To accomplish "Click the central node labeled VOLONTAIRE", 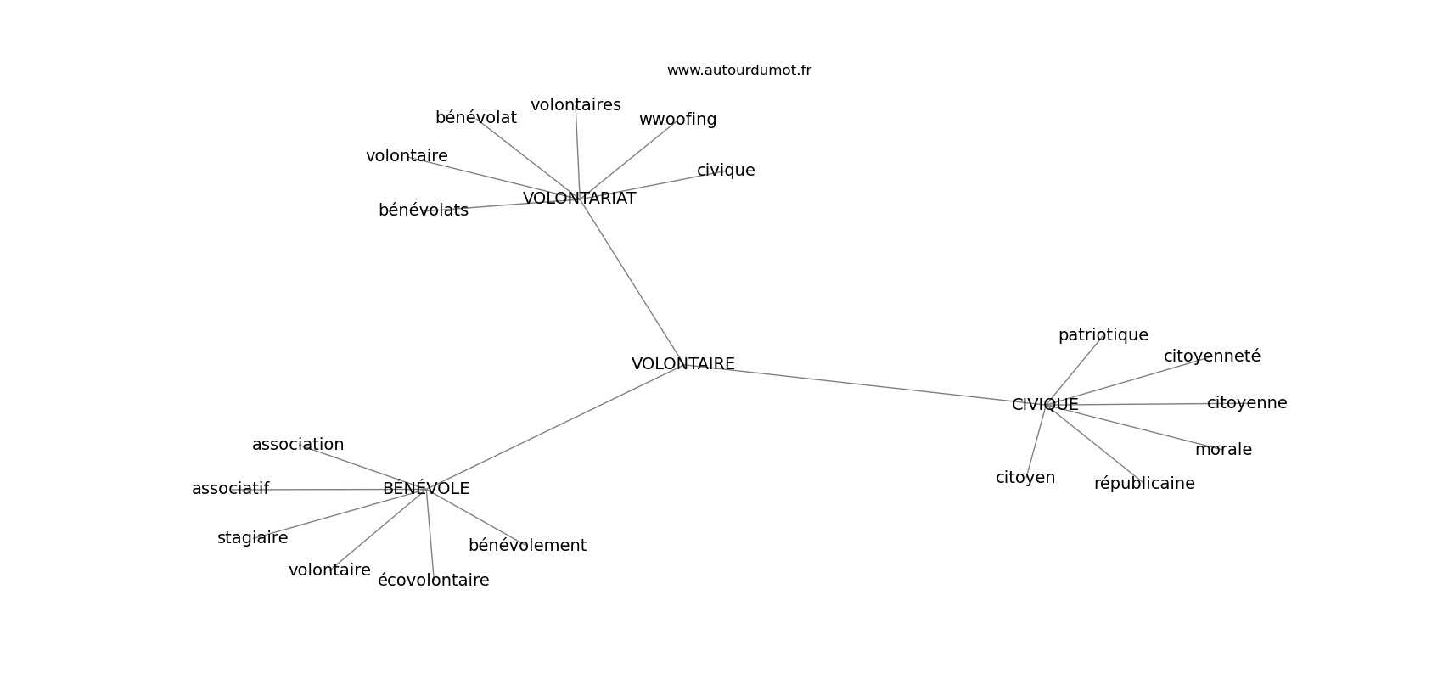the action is click(x=682, y=364).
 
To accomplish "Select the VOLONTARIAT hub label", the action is click(x=579, y=199).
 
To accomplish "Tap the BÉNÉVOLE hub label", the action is click(x=426, y=488).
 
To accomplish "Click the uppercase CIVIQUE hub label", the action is click(x=1045, y=405).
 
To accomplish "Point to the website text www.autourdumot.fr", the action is click(x=738, y=70).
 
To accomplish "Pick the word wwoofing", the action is click(x=677, y=120).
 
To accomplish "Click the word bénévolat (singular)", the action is click(x=476, y=118).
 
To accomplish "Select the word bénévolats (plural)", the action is click(x=424, y=210).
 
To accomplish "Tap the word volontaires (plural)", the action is click(x=576, y=105).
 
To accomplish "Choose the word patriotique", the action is click(x=1103, y=335).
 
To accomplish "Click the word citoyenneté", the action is click(x=1212, y=356).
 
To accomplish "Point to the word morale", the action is click(x=1223, y=450).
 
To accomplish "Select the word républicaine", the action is click(x=1144, y=484).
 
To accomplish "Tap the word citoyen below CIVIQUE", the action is click(x=1025, y=478).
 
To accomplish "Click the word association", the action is click(x=298, y=445).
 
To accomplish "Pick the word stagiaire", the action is click(x=253, y=538).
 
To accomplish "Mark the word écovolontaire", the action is click(x=434, y=581).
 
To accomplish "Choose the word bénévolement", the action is click(x=528, y=546).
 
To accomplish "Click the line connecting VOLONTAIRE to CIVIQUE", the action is click(x=864, y=384).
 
